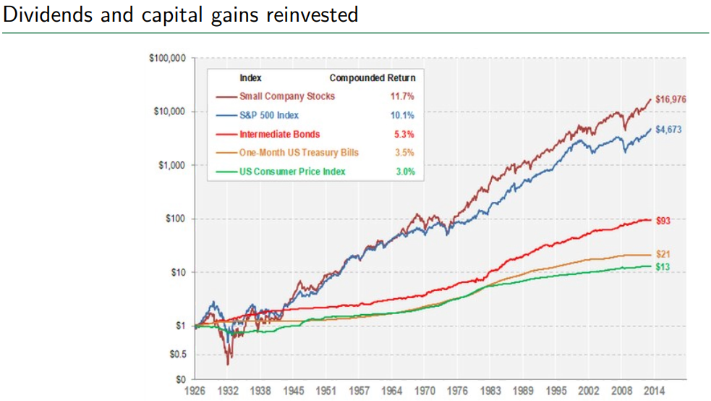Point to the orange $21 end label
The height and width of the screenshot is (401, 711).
pyautogui.click(x=662, y=254)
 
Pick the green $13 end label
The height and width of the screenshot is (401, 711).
pyautogui.click(x=662, y=267)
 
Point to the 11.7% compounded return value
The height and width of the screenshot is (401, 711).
pyautogui.click(x=403, y=96)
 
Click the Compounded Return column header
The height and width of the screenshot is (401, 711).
pyautogui.click(x=372, y=77)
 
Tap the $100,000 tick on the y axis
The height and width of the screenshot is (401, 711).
pyautogui.click(x=167, y=58)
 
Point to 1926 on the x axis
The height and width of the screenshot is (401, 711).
pyautogui.click(x=196, y=392)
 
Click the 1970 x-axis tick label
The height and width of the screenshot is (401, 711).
pyautogui.click(x=426, y=392)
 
